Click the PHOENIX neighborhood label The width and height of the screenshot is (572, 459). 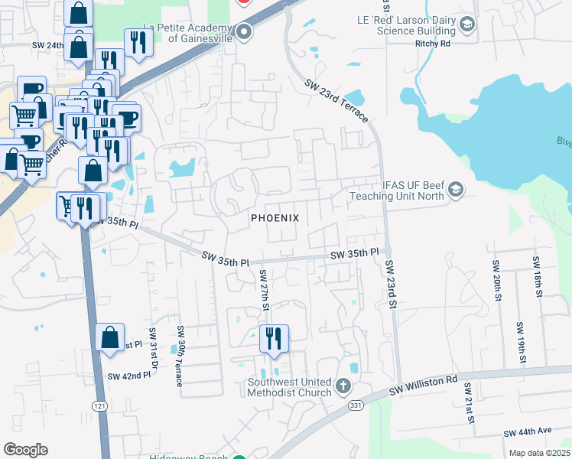click(275, 218)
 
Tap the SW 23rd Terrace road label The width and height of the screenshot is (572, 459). click(336, 101)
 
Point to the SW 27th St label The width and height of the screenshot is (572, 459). click(262, 290)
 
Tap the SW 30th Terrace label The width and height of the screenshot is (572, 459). click(180, 356)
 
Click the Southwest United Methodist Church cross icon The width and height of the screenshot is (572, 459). click(344, 386)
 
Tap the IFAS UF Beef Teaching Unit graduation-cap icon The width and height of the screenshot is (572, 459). click(456, 189)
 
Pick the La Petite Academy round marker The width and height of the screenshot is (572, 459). click(244, 32)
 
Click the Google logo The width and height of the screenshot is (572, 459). click(26, 450)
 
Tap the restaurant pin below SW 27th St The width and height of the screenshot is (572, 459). click(274, 337)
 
